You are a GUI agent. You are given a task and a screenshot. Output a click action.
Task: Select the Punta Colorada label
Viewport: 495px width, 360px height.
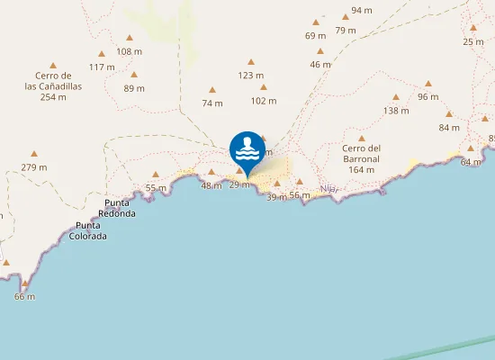click(91, 230)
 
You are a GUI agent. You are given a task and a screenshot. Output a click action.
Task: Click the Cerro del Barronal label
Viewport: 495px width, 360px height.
click(362, 158)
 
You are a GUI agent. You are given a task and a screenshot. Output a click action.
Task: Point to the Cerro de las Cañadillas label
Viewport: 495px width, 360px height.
click(53, 86)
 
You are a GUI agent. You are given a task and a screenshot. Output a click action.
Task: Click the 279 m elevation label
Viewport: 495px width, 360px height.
click(34, 166)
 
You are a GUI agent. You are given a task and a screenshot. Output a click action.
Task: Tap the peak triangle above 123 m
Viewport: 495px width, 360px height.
click(250, 62)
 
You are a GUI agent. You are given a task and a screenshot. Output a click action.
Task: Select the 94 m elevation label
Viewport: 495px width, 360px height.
click(362, 10)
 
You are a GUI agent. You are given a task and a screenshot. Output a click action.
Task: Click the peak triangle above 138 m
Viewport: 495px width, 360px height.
click(396, 97)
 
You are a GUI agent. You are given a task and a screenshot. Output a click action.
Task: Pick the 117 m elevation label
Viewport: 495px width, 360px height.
click(102, 67)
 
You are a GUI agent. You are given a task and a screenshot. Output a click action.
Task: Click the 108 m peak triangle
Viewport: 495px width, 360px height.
click(130, 38)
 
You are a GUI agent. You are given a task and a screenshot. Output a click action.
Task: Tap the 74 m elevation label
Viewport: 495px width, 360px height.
click(212, 103)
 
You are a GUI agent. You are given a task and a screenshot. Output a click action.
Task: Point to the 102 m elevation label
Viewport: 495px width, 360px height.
click(264, 101)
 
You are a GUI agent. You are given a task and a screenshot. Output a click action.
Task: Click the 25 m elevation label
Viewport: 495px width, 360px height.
click(473, 41)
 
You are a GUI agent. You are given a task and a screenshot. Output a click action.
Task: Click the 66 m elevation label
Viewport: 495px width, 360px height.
click(24, 296)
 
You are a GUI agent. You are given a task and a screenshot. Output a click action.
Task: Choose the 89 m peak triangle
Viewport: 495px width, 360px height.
click(134, 75)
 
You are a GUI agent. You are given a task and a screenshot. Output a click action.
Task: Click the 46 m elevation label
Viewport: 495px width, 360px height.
click(320, 64)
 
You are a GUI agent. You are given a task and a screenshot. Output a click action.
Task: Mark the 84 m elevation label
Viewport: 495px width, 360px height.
click(449, 127)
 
